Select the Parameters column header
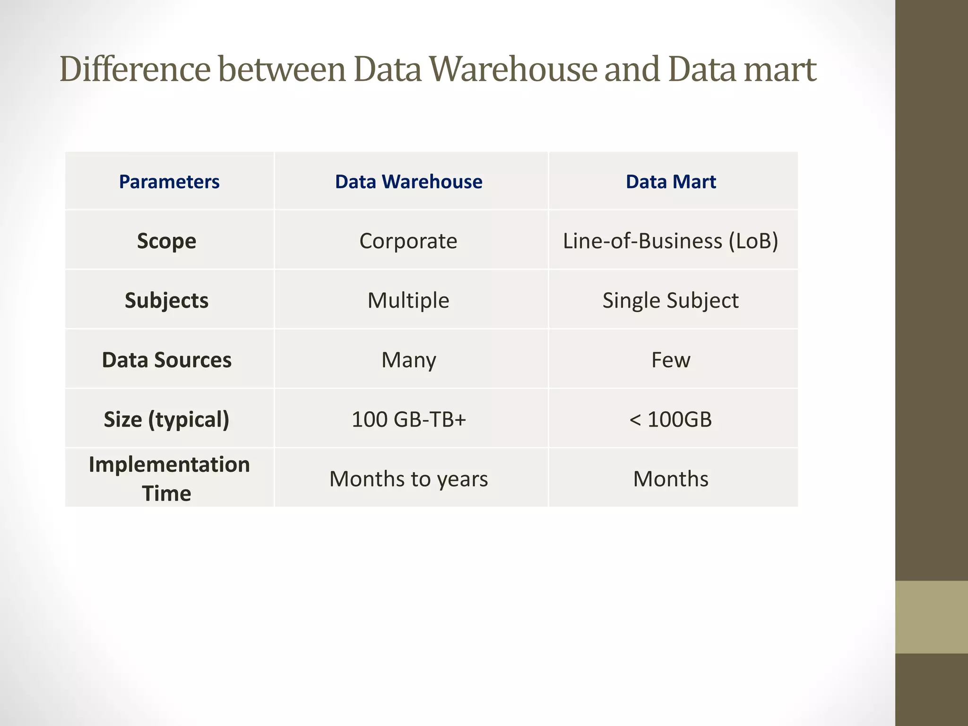169,182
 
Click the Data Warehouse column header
408,182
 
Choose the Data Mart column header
671,182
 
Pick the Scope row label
166,241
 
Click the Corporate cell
408,241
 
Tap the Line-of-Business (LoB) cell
670,241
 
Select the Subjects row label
166,301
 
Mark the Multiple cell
408,301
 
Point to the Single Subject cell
670,301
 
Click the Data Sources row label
166,360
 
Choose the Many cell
408,360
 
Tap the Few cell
670,360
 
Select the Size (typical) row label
166,420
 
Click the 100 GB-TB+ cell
408,420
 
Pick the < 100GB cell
670,420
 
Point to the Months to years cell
408,479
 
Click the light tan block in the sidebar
931,617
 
